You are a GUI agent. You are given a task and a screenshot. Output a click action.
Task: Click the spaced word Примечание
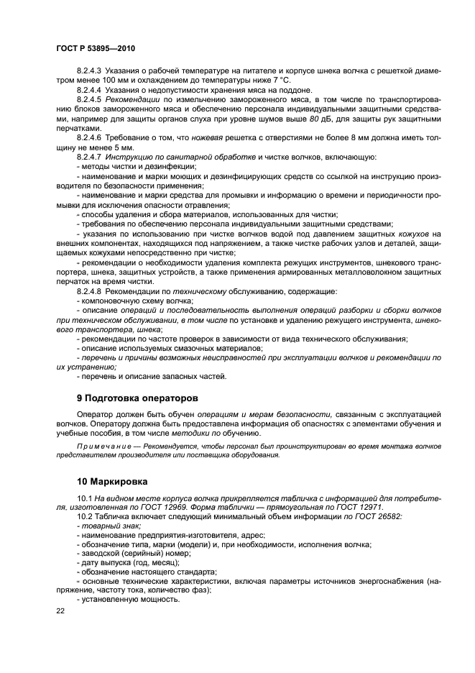click(105, 447)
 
